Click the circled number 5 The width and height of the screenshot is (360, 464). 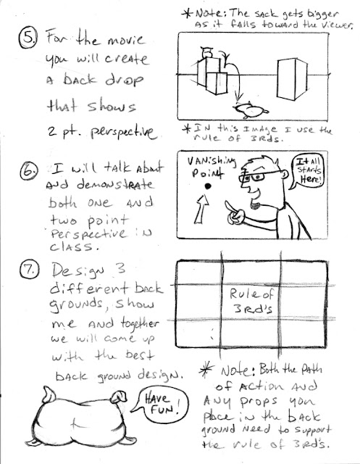coord(28,38)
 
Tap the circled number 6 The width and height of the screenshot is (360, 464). coord(29,171)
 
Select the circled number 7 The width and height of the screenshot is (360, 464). coord(29,270)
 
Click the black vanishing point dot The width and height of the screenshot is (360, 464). coord(208,186)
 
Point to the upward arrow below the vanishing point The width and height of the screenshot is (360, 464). coord(202,209)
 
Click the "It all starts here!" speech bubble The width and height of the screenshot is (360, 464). coord(307,172)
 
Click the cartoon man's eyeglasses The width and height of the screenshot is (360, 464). coord(257,177)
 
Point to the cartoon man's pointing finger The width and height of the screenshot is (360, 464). coord(231,207)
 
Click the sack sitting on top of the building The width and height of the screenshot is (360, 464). coord(206,53)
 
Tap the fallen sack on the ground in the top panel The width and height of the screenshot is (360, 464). coord(251,110)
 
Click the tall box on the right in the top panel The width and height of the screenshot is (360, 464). coord(292,79)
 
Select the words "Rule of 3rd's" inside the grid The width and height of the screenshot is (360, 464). coord(252,301)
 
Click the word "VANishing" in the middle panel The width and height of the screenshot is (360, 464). coord(212,162)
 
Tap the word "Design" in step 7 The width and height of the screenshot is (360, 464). coord(79,270)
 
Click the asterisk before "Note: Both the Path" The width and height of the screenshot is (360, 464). coord(206,370)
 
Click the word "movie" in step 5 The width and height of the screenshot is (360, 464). coord(127,41)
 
